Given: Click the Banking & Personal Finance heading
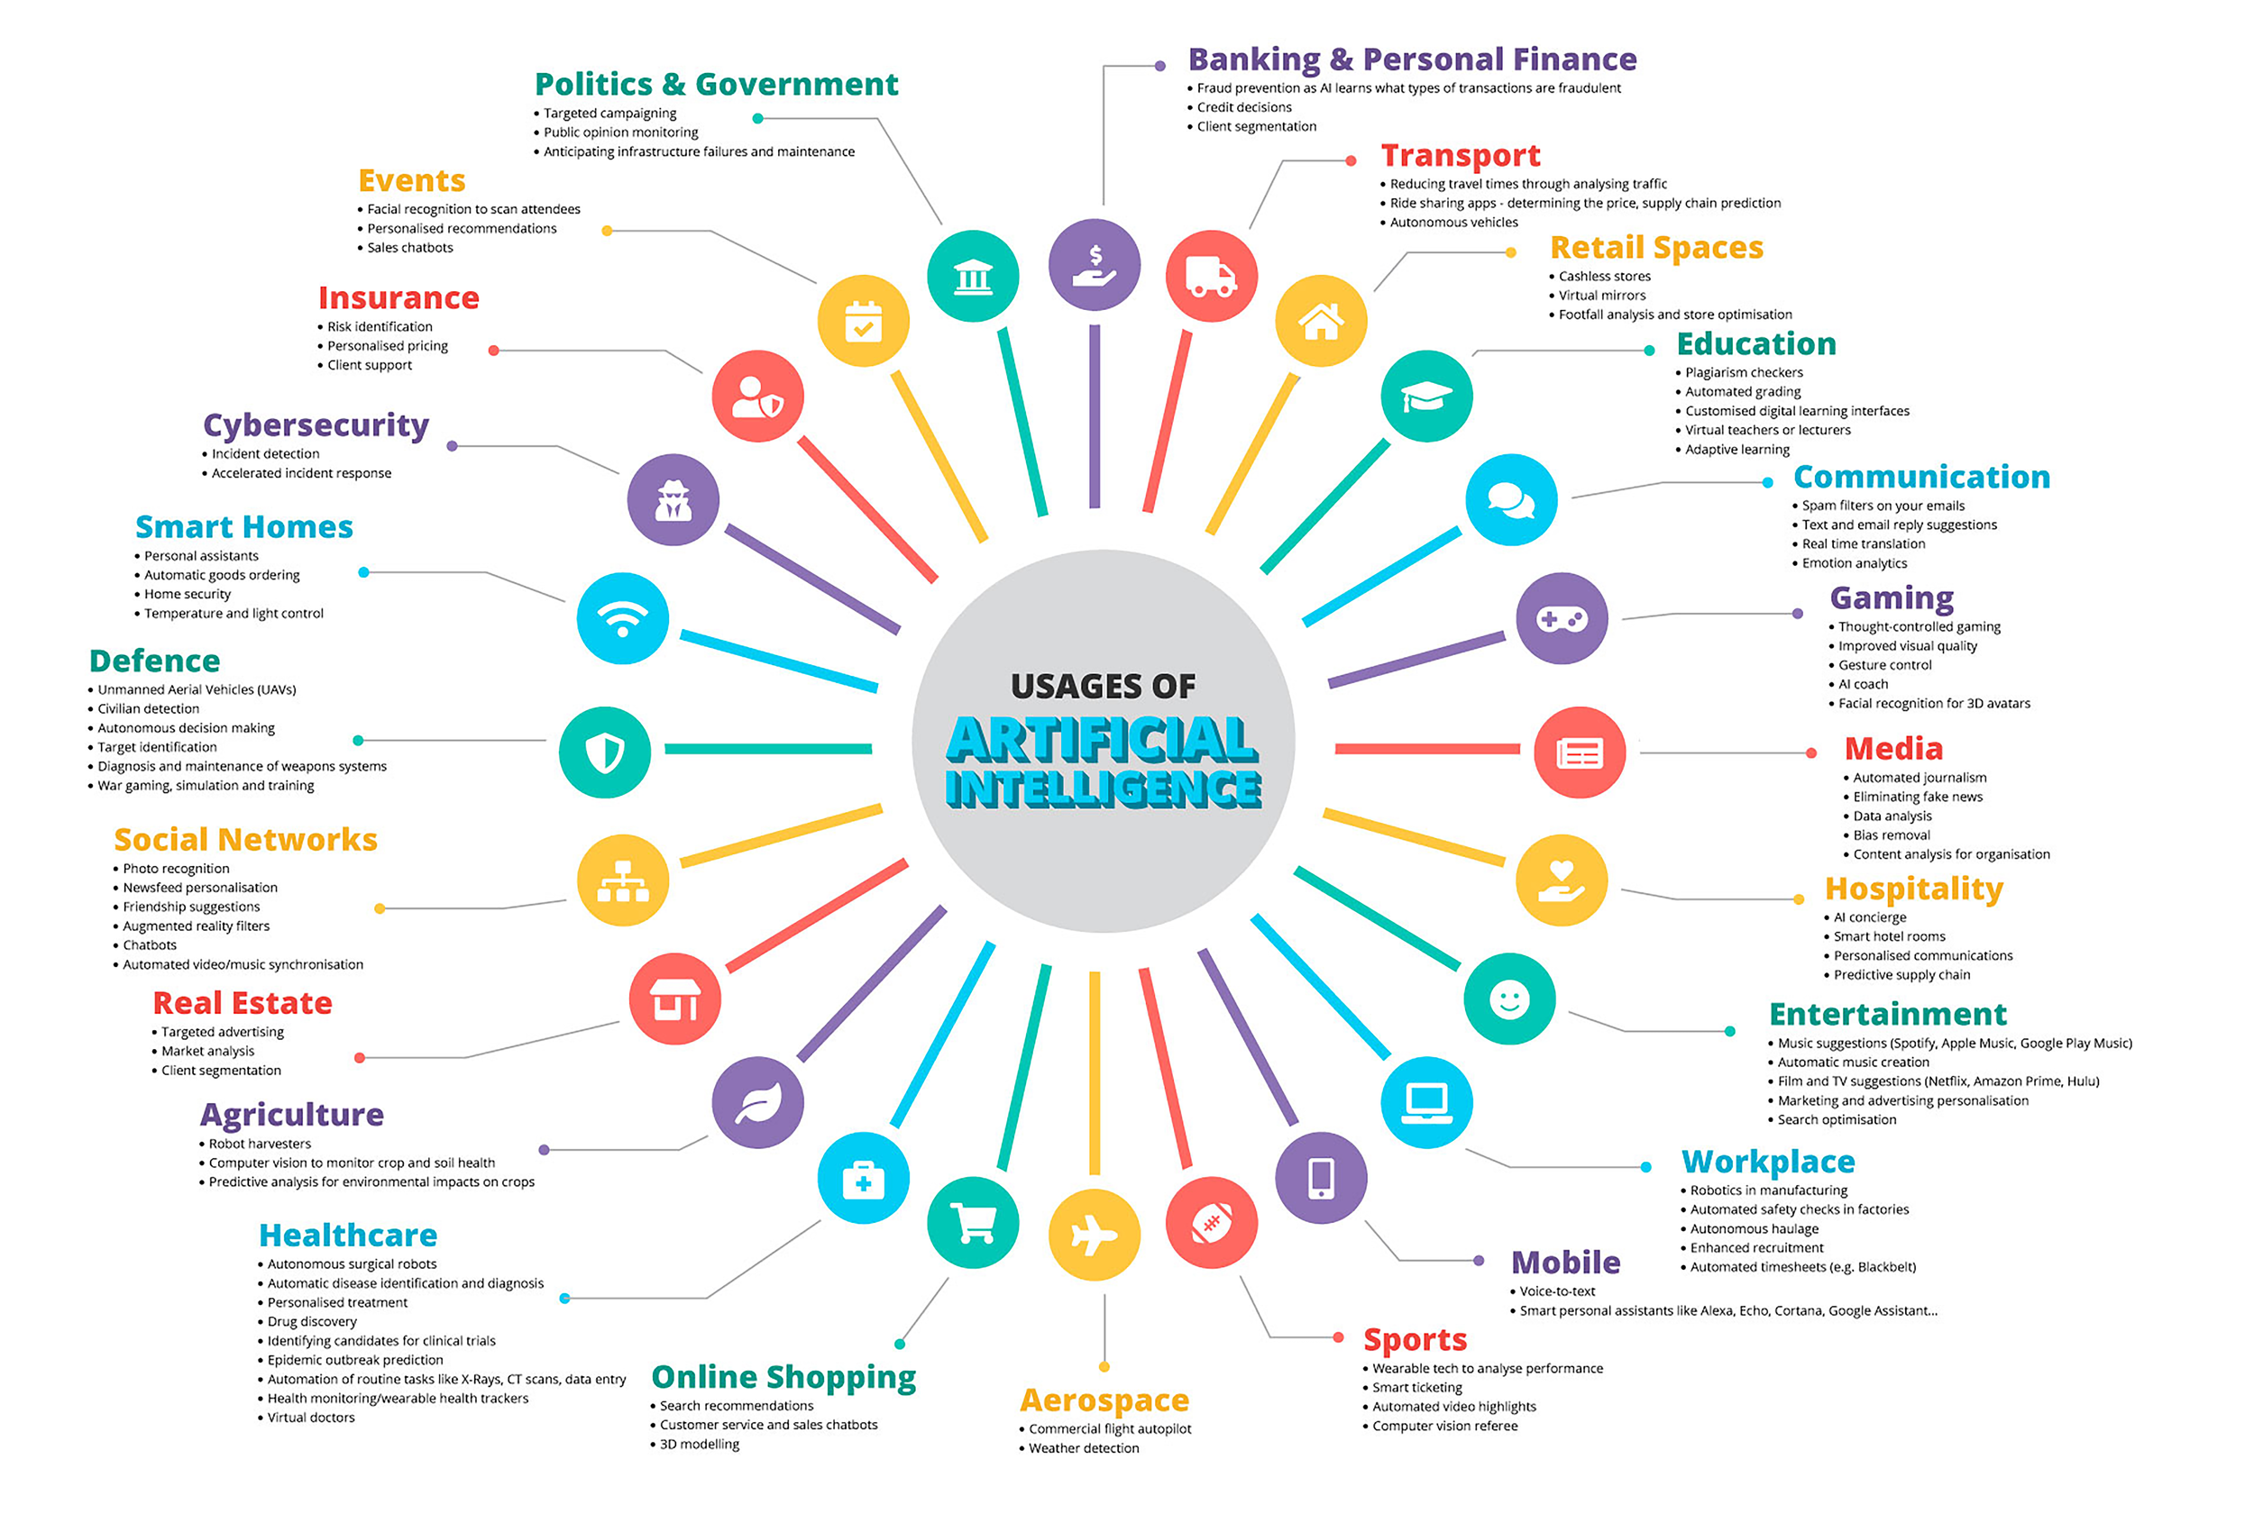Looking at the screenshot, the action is [x=1411, y=59].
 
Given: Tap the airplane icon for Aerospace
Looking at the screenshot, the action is [x=1095, y=1234].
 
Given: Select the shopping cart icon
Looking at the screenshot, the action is [x=973, y=1222].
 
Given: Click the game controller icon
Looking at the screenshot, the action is [x=1561, y=618].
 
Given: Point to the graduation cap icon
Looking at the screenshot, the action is [x=1426, y=396].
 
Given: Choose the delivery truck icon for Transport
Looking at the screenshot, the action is [x=1211, y=276].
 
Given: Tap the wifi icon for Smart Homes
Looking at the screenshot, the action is [x=622, y=618].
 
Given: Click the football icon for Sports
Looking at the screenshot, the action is [x=1211, y=1222].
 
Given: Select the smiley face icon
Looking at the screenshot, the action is [x=1508, y=999].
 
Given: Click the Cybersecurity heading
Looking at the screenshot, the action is [x=316, y=424].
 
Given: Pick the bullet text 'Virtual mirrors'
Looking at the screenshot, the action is [x=1601, y=296].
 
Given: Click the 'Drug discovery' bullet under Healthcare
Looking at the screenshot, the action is [x=312, y=1321].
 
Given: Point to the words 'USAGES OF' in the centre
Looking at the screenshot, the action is [x=1103, y=687].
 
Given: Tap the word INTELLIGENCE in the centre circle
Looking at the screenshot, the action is [x=1103, y=788].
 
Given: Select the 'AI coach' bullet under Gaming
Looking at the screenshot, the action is [x=1863, y=684].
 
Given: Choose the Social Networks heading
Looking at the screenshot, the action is [x=245, y=839].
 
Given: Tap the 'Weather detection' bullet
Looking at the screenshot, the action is [x=1084, y=1447].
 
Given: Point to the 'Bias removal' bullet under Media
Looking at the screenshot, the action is [x=1891, y=835].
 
